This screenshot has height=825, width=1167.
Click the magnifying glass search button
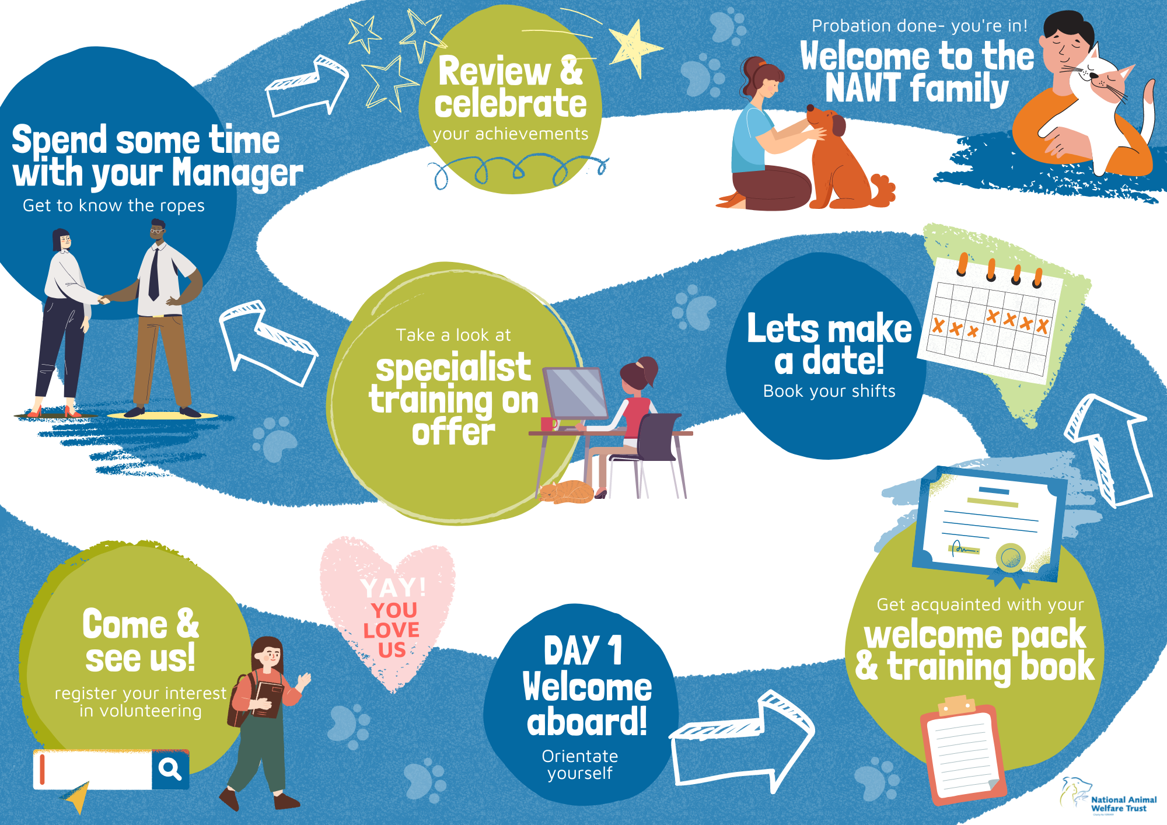click(170, 769)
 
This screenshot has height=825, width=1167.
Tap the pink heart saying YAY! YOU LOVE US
click(387, 613)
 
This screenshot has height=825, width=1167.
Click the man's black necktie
click(154, 274)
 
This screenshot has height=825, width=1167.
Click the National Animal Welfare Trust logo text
click(1123, 804)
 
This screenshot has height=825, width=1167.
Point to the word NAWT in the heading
click(863, 88)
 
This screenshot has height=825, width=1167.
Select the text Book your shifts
click(829, 391)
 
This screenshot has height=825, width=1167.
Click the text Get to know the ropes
click(114, 205)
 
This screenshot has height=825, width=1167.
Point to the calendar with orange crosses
click(990, 318)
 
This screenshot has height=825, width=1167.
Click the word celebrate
click(511, 103)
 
